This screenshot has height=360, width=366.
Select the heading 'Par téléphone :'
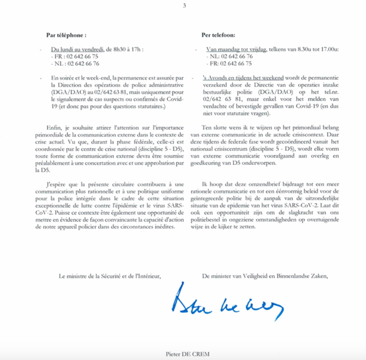pos(66,35)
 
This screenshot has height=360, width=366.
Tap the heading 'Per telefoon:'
pos(219,35)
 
